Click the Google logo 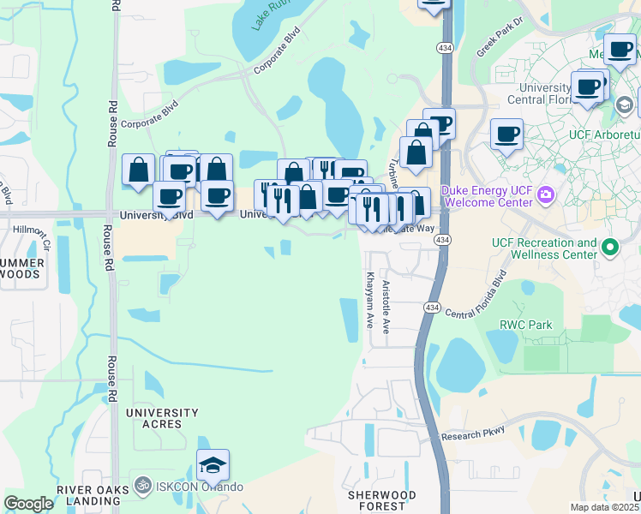click(28, 504)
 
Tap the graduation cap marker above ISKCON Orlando click(213, 465)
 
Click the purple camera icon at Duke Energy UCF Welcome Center click(545, 197)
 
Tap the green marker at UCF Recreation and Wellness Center click(610, 249)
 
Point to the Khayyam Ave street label click(370, 300)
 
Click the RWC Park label click(525, 326)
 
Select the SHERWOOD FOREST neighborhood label click(381, 500)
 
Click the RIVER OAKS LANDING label click(93, 495)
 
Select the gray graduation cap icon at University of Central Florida click(624, 105)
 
